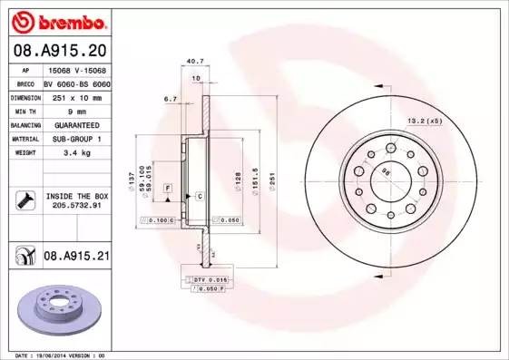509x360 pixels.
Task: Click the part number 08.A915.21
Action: (x=76, y=258)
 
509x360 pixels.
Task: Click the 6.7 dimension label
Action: (x=169, y=99)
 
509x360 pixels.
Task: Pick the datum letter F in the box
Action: (x=167, y=186)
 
